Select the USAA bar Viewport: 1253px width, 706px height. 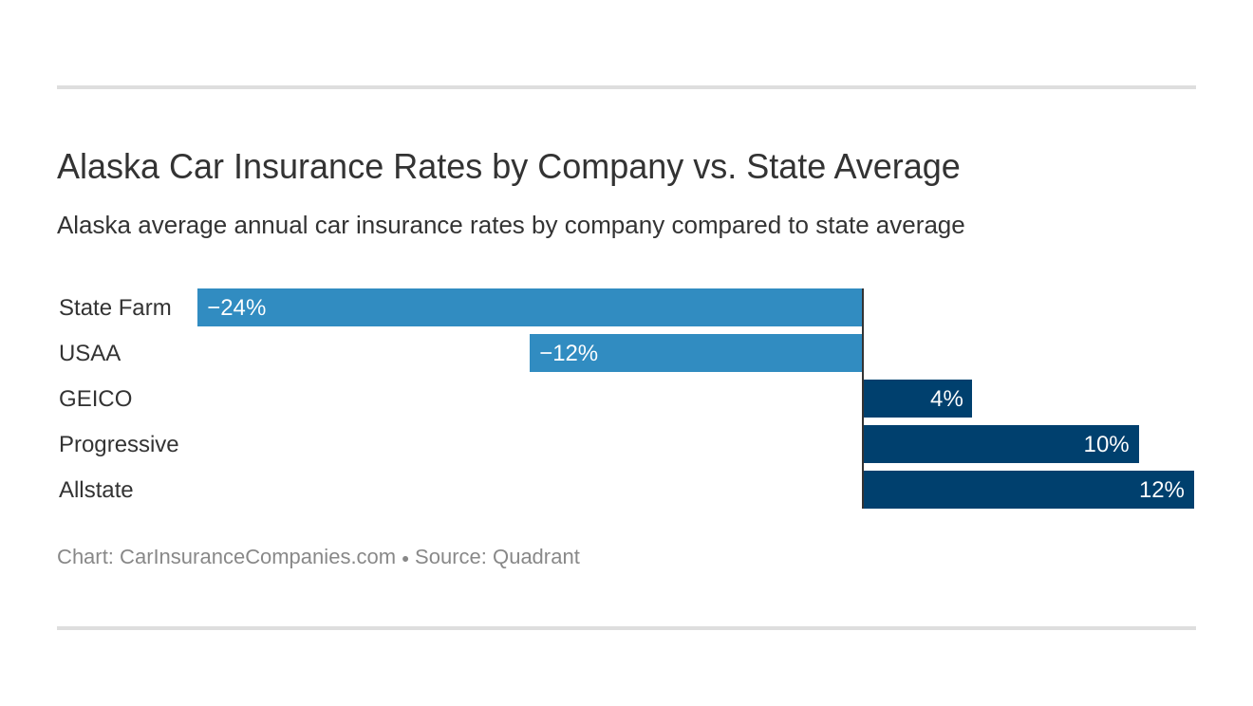pyautogui.click(x=721, y=353)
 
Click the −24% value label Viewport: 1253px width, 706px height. pyautogui.click(x=236, y=307)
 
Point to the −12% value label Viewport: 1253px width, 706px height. pyautogui.click(x=569, y=353)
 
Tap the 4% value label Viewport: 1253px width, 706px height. pyautogui.click(x=946, y=399)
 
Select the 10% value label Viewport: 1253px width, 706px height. pyautogui.click(x=1106, y=444)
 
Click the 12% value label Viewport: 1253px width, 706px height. pyautogui.click(x=1161, y=490)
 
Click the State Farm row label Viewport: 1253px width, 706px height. pyautogui.click(x=115, y=307)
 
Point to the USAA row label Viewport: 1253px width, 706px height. pyautogui.click(x=89, y=353)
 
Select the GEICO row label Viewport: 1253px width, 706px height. pyautogui.click(x=95, y=399)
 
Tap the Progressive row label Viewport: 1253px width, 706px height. pyautogui.click(x=119, y=444)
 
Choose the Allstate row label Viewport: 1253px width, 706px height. pyautogui.click(x=96, y=490)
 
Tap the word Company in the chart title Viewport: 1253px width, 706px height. pyautogui.click(x=609, y=167)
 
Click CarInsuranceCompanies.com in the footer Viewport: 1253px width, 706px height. pyautogui.click(x=257, y=557)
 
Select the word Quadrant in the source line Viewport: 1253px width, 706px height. pyautogui.click(x=535, y=557)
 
